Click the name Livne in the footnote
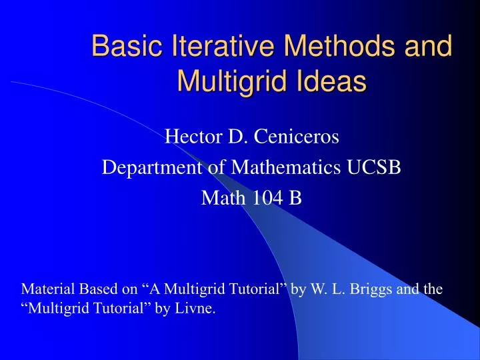click(197, 309)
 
